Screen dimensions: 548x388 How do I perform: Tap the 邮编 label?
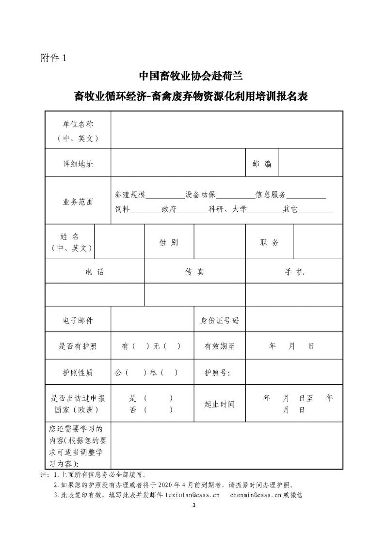tap(261, 164)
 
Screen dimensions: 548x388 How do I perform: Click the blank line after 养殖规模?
tap(165, 195)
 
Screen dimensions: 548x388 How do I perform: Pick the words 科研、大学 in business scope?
tap(227, 209)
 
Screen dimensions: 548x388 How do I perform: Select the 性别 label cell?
tap(169, 242)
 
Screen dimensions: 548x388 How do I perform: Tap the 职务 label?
tap(269, 242)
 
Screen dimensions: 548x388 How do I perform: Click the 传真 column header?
tap(194, 272)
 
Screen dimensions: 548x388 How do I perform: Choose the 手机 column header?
tap(294, 272)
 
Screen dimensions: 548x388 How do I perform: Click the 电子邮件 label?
tap(78, 320)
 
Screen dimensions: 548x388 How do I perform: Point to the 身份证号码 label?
tap(220, 320)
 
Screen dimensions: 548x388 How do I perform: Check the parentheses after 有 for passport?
tap(141, 346)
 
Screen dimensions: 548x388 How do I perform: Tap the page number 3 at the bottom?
tap(194, 506)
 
